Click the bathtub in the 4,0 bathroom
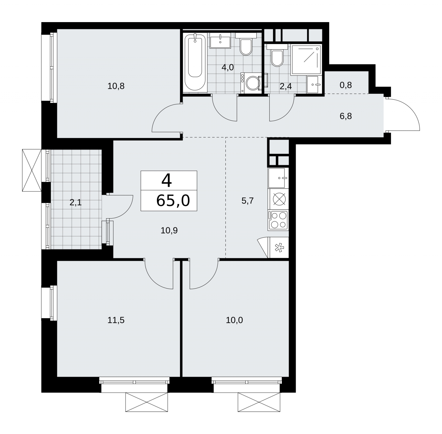click(x=195, y=62)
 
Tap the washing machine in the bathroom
click(x=250, y=83)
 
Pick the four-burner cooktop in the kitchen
click(x=278, y=220)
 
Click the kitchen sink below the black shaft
click(x=278, y=178)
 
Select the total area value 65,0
click(x=173, y=200)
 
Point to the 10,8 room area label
click(x=116, y=86)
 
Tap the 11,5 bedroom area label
click(x=116, y=320)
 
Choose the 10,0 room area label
click(x=234, y=320)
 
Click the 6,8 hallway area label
click(x=346, y=116)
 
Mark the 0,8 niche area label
click(x=346, y=85)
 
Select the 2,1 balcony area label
click(x=75, y=203)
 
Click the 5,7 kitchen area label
click(x=248, y=201)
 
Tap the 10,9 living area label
click(x=169, y=230)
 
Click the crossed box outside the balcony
click(x=32, y=170)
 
